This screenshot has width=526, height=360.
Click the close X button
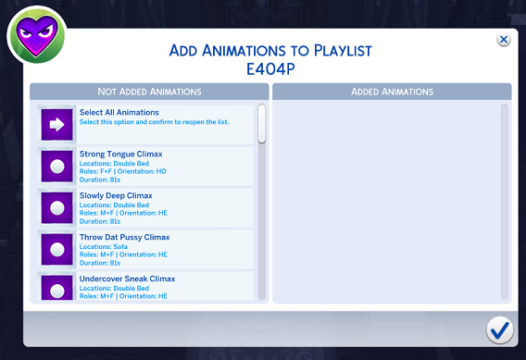[x=503, y=40]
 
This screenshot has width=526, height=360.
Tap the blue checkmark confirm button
[x=500, y=329]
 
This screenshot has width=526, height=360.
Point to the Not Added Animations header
[x=149, y=92]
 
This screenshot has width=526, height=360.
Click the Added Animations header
[x=392, y=92]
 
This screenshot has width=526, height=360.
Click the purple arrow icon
[x=57, y=125]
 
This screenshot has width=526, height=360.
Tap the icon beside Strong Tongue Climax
[x=57, y=167]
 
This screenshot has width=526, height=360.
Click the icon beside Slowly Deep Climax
[x=57, y=208]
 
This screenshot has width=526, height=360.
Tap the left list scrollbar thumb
[x=261, y=124]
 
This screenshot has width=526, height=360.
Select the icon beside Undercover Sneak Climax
[x=57, y=288]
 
